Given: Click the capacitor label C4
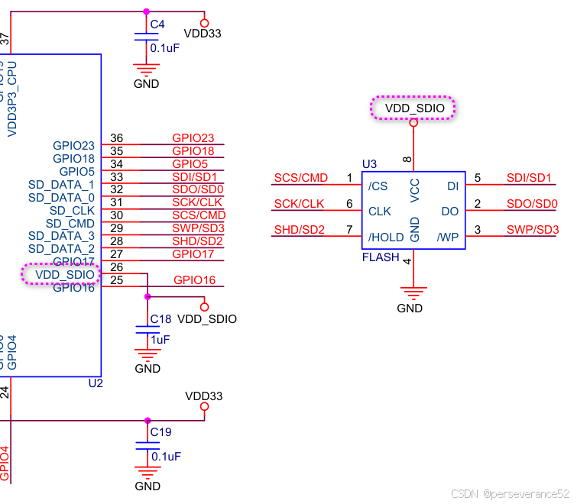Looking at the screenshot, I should pos(157,24).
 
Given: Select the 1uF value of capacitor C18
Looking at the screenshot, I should pos(160,339).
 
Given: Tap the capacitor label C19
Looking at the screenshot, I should pos(160,432).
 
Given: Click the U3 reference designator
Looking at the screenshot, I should pos(369,164).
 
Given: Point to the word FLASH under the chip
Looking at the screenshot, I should pos(381,257).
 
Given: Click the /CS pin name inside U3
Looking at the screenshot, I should pos(378,186).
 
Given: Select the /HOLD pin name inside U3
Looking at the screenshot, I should pos(384,237).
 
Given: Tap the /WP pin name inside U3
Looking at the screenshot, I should pos(447,237).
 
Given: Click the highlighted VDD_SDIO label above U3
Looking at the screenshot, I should pos(413,108).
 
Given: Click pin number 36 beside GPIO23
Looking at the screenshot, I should pos(116,138).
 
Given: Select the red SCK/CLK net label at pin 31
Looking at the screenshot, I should pos(198,202).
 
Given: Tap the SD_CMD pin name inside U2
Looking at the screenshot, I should pos(70,223).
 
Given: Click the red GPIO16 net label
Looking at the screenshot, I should pos(194,280).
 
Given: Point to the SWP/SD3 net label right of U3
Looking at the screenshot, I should pos(533,230).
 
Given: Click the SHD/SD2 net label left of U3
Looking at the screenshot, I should pos(300,230).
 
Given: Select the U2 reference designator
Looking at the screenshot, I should pos(96,383).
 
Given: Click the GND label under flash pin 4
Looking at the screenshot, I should pos(410,309).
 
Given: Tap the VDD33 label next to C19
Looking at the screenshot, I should pos(204,396).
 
